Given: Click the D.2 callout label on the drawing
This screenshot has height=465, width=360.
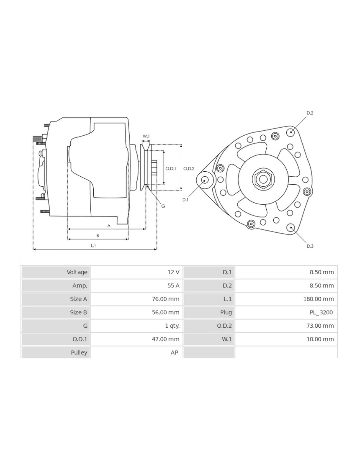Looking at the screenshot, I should (310, 113).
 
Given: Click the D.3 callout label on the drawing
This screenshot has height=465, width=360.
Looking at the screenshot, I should (310, 246).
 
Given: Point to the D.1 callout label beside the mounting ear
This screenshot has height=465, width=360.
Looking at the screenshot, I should (185, 199).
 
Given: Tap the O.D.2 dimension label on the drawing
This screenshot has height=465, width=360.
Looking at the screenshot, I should (189, 169).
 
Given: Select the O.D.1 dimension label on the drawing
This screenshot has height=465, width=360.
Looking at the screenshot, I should (171, 169).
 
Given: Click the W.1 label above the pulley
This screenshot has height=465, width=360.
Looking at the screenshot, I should (146, 136).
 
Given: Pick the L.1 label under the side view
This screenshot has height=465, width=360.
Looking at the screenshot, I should (93, 245).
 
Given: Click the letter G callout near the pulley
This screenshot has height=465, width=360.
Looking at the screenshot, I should (163, 206).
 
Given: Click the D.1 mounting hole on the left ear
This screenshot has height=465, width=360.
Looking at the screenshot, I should (205, 180).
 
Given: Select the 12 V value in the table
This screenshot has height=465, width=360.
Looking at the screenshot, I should (173, 272).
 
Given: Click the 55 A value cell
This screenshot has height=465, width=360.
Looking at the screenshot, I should (173, 285).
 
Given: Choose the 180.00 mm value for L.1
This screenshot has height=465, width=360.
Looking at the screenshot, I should (318, 299).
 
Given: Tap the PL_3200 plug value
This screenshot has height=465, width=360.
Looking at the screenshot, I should (321, 312).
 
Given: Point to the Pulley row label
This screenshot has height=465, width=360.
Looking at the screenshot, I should (79, 353).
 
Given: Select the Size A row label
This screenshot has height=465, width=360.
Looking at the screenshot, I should (78, 299).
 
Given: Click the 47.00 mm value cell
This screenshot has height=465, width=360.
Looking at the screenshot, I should (165, 339).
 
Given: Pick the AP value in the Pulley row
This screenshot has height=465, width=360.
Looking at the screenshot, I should (174, 353).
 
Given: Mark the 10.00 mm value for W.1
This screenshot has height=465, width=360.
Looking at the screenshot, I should (320, 339).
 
